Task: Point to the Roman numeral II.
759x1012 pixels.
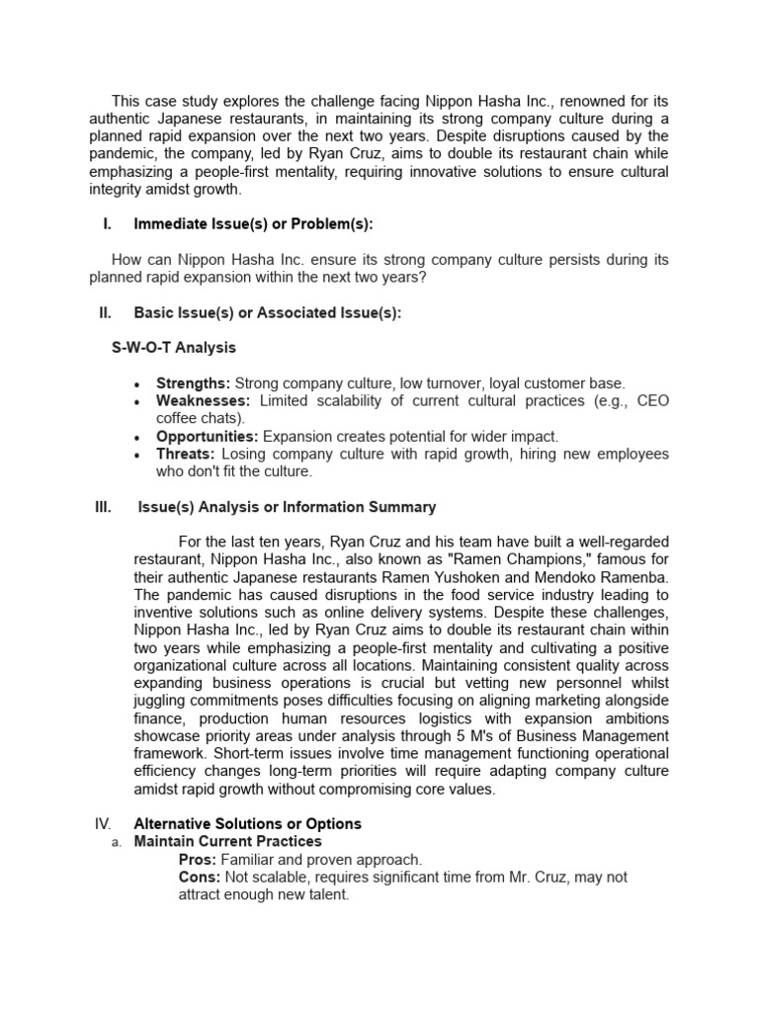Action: pos(105,313)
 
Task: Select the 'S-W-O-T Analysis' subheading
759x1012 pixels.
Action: pos(174,348)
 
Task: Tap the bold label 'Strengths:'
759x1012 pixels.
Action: pos(193,382)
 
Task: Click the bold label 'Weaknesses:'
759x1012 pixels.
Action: pos(204,400)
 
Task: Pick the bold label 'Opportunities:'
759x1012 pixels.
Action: pos(207,436)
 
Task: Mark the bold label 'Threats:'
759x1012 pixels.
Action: pos(186,454)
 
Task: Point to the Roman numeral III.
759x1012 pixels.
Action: pos(103,507)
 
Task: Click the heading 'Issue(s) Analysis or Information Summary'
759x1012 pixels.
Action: pos(287,507)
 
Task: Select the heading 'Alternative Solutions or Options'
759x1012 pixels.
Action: pos(247,823)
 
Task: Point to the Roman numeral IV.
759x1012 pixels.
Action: pos(104,823)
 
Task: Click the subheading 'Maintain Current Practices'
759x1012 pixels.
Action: pos(227,841)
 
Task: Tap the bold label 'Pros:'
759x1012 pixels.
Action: pos(197,859)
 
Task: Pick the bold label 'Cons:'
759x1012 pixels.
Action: pos(200,877)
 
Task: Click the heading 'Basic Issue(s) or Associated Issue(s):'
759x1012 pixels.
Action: pos(267,313)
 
